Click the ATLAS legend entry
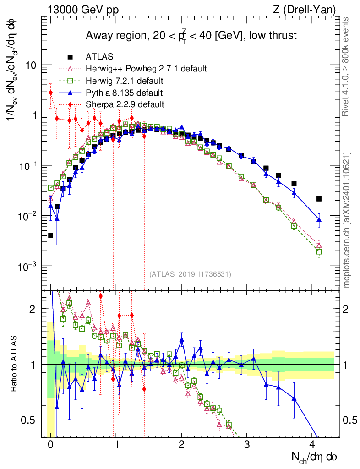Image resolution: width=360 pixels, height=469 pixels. [x=90, y=56]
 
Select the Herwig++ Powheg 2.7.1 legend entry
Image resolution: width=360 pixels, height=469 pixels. [x=136, y=69]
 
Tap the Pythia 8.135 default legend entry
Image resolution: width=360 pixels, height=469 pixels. [x=114, y=93]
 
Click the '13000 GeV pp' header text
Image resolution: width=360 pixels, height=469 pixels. [x=83, y=10]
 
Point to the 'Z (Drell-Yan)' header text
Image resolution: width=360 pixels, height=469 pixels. [x=305, y=10]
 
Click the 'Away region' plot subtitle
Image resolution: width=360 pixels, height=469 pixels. [x=191, y=36]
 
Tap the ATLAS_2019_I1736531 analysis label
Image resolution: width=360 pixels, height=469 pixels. [x=190, y=274]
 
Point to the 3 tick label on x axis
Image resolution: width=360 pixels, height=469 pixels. [x=247, y=444]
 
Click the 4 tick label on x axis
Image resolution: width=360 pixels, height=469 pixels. [x=312, y=444]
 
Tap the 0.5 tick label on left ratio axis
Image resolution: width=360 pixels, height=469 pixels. [x=28, y=420]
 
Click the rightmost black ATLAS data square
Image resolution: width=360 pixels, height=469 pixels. [x=319, y=199]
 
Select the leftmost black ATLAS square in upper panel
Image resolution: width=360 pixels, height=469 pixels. [x=50, y=235]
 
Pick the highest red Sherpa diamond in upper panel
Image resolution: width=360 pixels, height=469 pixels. [x=51, y=93]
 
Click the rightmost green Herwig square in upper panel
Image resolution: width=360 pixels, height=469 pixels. [x=319, y=251]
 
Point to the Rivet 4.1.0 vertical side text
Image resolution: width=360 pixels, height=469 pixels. [x=345, y=67]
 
